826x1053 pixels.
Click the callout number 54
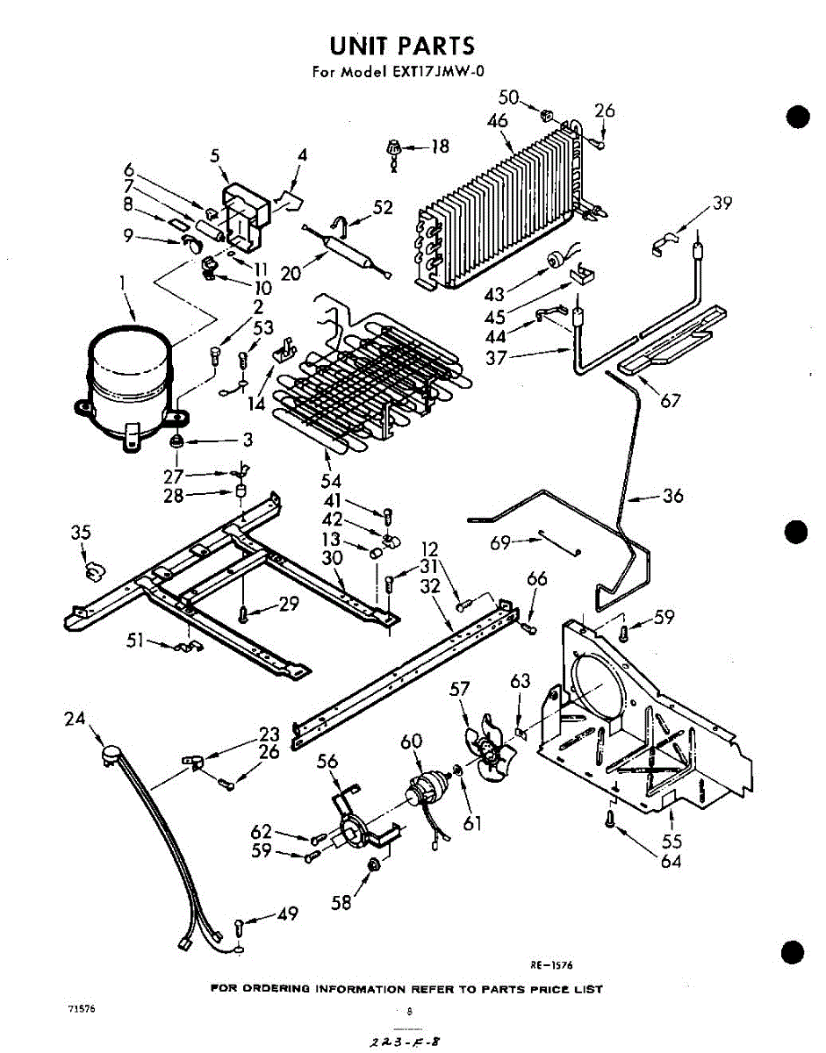[x=331, y=480]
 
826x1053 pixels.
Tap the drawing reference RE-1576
[x=551, y=964]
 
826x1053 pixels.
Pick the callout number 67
[x=671, y=401]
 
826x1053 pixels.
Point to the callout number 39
[x=722, y=204]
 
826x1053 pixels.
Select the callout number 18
[x=439, y=147]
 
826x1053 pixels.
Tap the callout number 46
[x=497, y=121]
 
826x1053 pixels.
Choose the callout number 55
[x=672, y=841]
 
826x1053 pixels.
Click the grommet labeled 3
[x=176, y=440]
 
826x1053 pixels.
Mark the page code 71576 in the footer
[x=81, y=1008]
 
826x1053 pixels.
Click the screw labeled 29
[x=243, y=612]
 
